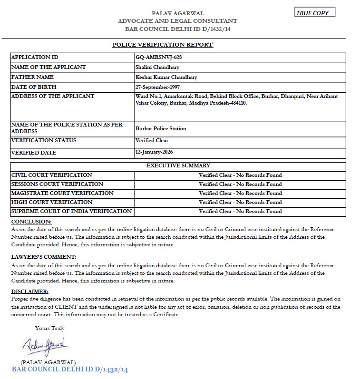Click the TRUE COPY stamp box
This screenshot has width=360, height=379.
tap(315, 13)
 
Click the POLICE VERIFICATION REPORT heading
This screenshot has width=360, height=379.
tap(162, 45)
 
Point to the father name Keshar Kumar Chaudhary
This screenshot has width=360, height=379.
tap(166, 77)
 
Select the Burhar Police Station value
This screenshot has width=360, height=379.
tap(161, 128)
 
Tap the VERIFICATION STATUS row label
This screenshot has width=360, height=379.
tap(43, 140)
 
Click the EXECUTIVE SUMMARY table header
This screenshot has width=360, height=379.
tap(178, 165)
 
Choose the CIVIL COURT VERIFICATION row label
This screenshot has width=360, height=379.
tap(51, 175)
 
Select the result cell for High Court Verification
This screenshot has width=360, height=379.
tap(240, 202)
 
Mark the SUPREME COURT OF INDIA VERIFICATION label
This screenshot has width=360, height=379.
tap(71, 211)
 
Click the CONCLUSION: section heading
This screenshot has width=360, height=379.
tap(31, 222)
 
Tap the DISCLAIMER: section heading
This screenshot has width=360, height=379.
tap(29, 291)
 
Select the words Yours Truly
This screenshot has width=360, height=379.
tap(49, 328)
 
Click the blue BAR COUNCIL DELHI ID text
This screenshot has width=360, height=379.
tap(69, 369)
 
